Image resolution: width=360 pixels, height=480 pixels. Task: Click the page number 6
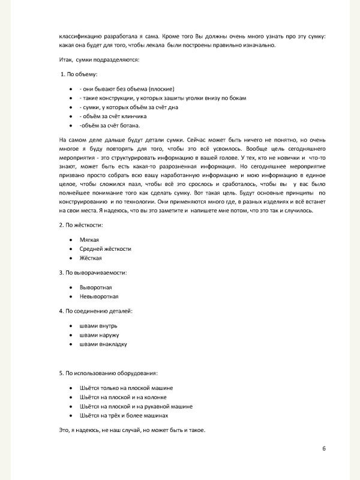click(323, 449)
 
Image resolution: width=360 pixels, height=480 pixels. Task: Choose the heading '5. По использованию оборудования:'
click(109, 373)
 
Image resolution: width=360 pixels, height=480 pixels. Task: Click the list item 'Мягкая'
click(89, 239)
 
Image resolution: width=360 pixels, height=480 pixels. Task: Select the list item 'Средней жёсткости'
click(105, 248)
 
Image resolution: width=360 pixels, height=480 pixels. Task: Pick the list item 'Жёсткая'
click(91, 258)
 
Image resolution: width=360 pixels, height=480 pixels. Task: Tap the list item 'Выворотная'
click(95, 287)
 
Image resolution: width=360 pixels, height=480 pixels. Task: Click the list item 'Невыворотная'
click(99, 296)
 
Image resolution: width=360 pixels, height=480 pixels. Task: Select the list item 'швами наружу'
click(100, 335)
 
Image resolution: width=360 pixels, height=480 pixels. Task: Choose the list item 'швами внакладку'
click(103, 344)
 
